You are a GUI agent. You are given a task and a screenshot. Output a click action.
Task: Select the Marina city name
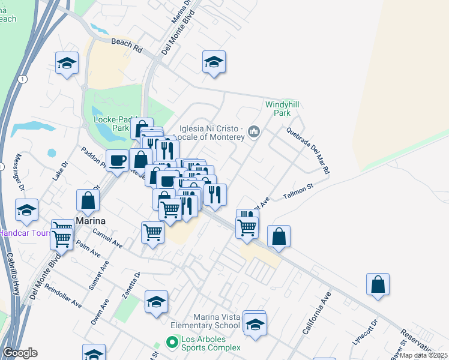[x=91, y=221]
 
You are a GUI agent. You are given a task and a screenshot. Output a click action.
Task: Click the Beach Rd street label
[x=126, y=44]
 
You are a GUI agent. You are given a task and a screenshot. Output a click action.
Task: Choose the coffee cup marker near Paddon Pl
[x=118, y=160]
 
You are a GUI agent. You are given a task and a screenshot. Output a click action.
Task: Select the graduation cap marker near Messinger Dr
[x=26, y=210]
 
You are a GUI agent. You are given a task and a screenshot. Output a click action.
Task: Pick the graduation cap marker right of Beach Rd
[x=214, y=62]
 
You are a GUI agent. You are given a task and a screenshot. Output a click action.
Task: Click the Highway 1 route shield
[x=23, y=79]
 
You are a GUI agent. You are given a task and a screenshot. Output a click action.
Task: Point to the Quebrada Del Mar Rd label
[x=308, y=151]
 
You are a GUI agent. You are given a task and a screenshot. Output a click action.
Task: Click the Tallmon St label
[x=298, y=190]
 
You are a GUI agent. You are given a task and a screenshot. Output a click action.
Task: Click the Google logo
[x=20, y=353]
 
